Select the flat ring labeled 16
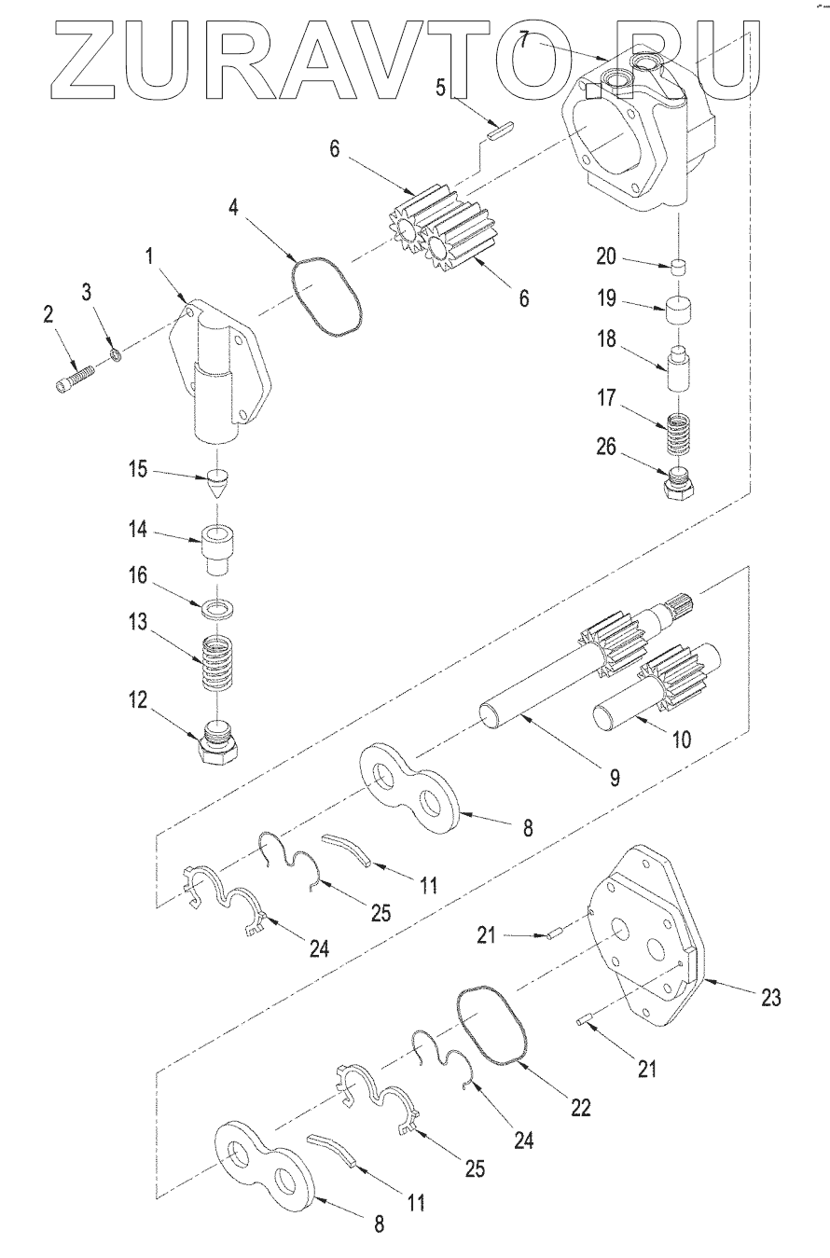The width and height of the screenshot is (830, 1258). (217, 609)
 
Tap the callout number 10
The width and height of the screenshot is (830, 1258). (683, 740)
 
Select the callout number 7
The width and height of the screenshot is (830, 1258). (525, 41)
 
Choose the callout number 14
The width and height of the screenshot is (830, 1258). (136, 531)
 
